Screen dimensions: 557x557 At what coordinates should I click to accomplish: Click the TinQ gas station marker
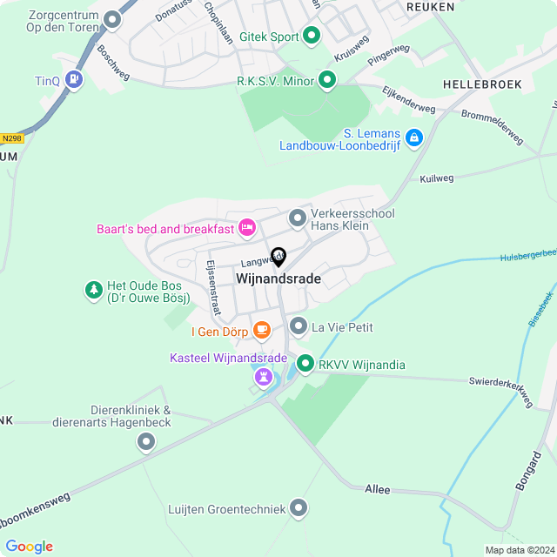(75, 79)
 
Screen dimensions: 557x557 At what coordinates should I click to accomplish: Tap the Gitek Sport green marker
(312, 37)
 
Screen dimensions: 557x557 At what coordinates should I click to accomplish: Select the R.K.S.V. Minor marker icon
(327, 81)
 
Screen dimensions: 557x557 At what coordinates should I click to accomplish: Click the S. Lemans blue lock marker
(413, 138)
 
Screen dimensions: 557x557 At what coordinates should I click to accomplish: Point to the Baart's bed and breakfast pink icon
(246, 228)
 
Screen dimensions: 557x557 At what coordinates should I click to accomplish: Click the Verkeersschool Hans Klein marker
(299, 218)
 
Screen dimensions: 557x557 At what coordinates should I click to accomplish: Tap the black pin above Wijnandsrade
(278, 256)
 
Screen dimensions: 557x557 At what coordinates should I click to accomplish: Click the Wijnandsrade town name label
(278, 279)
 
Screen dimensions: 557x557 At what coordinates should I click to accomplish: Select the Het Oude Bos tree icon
(93, 289)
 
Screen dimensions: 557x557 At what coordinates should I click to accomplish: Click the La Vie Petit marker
(299, 326)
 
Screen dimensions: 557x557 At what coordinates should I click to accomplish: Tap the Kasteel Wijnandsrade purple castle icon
(264, 376)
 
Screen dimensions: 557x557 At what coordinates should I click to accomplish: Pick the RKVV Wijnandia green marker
(305, 364)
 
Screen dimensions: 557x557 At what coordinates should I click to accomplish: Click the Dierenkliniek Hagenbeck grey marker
(146, 443)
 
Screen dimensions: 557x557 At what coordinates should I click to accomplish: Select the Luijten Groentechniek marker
(299, 507)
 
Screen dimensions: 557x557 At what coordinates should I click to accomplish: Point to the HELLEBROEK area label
(481, 84)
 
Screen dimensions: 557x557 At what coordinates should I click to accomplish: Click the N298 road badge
(11, 138)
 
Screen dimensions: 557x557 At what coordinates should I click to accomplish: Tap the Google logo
(29, 547)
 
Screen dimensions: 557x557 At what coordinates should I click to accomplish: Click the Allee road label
(378, 490)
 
